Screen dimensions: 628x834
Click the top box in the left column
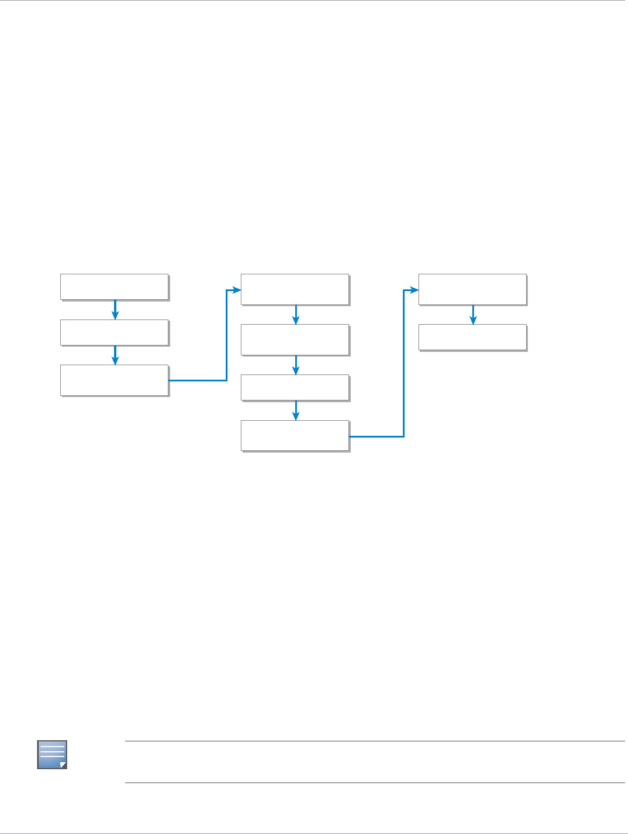coord(114,287)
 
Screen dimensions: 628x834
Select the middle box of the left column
coord(114,333)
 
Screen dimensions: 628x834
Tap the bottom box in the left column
coord(114,380)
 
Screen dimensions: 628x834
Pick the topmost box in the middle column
coord(295,289)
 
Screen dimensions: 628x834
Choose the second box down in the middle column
coord(295,340)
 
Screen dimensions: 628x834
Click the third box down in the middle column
coord(295,388)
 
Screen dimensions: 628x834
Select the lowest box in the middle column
coord(295,435)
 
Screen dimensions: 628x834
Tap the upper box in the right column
coord(472,289)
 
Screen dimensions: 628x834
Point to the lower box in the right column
coord(472,337)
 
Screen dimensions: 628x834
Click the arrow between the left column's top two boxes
coord(115,310)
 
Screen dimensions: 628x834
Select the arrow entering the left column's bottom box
coord(115,355)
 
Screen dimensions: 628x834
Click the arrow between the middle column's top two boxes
coord(296,315)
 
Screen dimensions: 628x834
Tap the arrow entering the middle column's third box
coord(296,365)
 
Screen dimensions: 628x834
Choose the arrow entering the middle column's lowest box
coord(296,410)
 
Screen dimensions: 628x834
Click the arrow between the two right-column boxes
coord(473,315)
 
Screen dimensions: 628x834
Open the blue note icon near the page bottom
coord(52,754)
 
